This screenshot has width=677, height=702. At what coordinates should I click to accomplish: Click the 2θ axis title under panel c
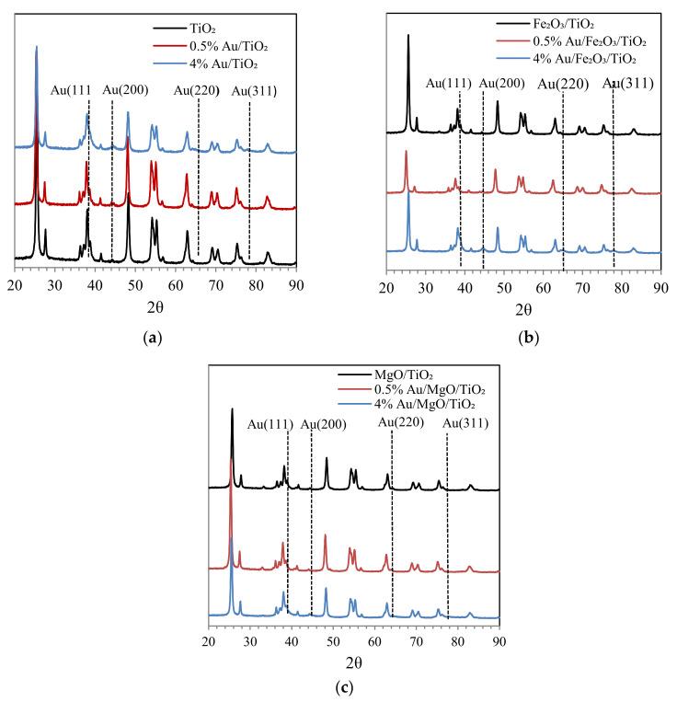[353, 662]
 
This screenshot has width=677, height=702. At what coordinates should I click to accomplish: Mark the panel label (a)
[153, 338]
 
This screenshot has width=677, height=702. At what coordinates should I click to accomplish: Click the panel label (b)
[529, 338]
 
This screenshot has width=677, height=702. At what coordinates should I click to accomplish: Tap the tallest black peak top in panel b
[408, 35]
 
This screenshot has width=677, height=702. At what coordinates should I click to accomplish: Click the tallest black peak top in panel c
[232, 409]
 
